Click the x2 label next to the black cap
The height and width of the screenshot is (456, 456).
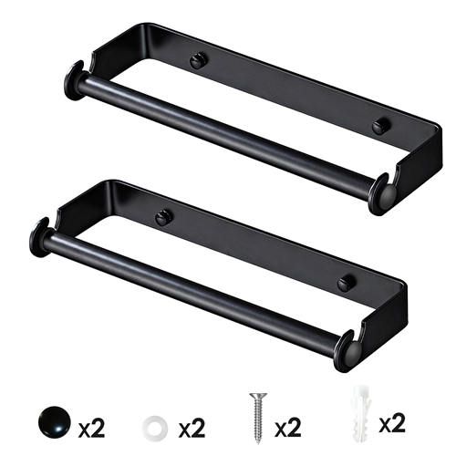tap(94, 426)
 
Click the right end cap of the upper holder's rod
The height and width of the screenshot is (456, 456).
tap(382, 193)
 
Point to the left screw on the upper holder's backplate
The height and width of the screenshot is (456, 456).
tap(198, 62)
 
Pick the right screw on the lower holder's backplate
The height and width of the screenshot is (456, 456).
tap(345, 284)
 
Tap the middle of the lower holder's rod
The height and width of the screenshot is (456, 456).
tap(193, 294)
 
